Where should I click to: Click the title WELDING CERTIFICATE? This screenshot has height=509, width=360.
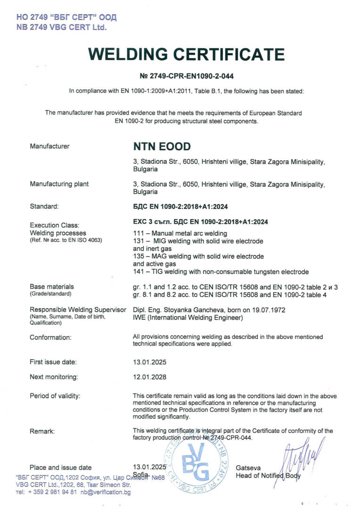click(187, 55)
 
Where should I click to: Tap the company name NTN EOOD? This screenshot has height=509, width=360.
click(162, 147)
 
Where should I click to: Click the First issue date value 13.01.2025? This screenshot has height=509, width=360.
click(150, 362)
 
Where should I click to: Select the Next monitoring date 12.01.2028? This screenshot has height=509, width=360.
click(150, 377)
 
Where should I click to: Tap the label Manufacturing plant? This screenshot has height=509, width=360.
click(59, 184)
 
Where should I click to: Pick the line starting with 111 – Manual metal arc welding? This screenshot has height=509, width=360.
click(180, 233)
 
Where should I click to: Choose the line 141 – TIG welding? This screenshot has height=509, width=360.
click(221, 272)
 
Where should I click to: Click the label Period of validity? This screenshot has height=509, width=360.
click(55, 395)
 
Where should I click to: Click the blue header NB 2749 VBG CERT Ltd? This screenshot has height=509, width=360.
click(62, 27)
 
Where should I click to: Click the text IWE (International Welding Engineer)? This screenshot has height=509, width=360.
click(188, 318)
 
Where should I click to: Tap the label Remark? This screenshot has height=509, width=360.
click(42, 431)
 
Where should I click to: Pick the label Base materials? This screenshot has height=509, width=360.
click(52, 286)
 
